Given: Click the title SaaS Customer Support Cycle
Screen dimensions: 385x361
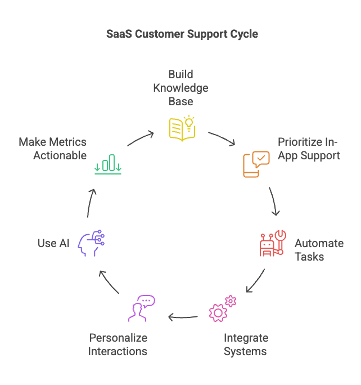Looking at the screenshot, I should [182, 34].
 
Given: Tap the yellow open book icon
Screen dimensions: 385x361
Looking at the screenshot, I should [182, 128].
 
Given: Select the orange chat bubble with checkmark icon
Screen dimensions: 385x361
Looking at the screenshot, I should [256, 164].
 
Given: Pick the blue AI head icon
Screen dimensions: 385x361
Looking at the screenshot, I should [92, 243].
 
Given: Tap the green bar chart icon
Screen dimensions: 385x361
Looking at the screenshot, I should [109, 164].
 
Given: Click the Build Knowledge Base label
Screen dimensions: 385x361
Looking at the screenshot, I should [181, 88].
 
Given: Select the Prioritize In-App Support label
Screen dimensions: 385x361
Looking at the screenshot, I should [309, 149].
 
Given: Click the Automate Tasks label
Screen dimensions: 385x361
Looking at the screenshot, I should [319, 250].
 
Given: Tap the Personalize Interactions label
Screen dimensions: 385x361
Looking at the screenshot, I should [118, 345].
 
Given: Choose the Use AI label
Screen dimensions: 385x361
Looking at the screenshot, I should [54, 243].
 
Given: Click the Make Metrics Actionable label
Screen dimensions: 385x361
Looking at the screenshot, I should [53, 149].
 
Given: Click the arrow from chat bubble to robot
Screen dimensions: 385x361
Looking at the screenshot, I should [274, 200].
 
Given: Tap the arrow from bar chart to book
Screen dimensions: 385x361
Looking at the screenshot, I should [141, 139].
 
